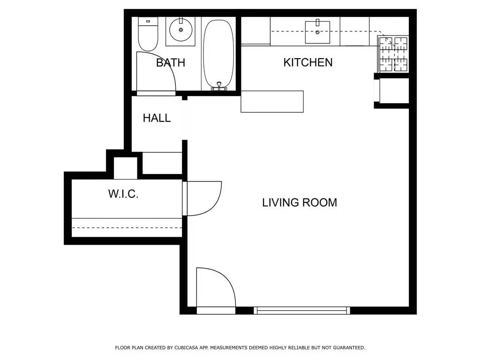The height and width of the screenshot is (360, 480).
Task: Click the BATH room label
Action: click(171, 62)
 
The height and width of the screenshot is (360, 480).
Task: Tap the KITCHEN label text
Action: click(308, 62)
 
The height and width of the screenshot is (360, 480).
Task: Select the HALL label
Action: click(157, 118)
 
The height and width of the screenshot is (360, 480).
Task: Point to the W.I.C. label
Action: click(123, 194)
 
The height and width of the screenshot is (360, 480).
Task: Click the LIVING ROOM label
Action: click(300, 202)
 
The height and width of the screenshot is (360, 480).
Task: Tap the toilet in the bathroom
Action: click(148, 34)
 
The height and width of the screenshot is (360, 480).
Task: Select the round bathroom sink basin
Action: click(180, 30)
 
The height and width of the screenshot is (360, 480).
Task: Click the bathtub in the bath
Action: click(218, 54)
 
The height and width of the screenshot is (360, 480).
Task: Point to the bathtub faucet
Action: click(219, 86)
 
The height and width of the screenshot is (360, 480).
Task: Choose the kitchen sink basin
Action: click(317, 32)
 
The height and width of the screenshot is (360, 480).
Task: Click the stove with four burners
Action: click(394, 54)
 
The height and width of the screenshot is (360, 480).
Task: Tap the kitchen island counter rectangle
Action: click(272, 102)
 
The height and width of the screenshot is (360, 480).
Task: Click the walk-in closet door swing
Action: click(215, 202)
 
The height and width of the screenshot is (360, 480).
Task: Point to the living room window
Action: click(302, 310)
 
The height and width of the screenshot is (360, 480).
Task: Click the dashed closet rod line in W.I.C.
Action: click(127, 228)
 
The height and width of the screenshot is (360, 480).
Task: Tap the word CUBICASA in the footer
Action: click(187, 348)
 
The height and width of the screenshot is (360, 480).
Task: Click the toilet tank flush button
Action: click(148, 21)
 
